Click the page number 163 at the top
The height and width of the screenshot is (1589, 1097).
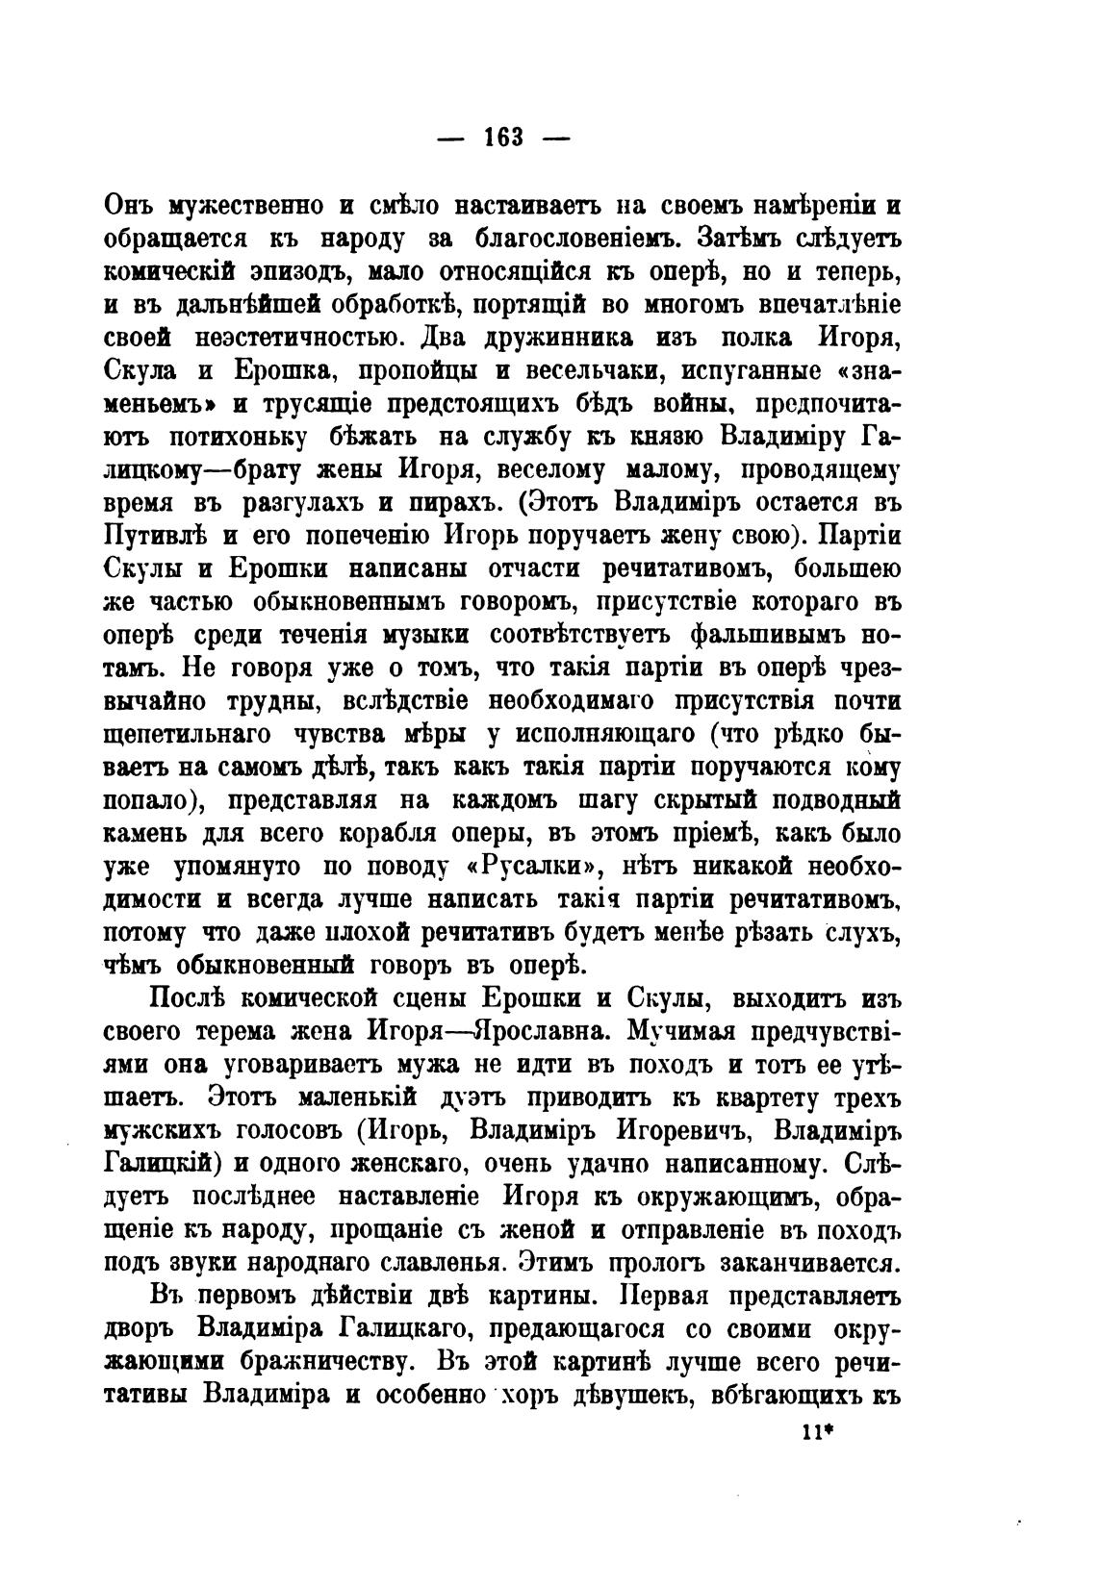tap(503, 138)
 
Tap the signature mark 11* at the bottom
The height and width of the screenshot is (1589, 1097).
tap(816, 1430)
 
